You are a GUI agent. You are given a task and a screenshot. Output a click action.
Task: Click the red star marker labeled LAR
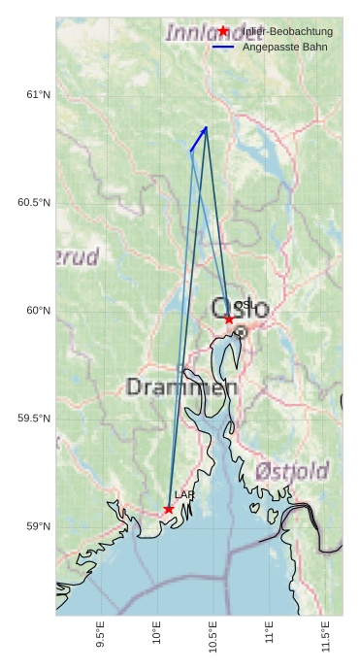tap(169, 509)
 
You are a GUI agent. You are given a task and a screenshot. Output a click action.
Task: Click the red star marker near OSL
tap(229, 319)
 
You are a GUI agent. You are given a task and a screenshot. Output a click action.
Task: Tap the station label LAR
tap(184, 495)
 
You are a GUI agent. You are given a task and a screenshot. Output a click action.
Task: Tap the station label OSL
tap(244, 305)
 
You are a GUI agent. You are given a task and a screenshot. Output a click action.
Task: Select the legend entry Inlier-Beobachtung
tap(287, 32)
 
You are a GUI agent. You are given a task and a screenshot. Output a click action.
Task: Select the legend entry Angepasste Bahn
tap(284, 47)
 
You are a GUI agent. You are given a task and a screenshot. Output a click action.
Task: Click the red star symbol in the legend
tap(223, 31)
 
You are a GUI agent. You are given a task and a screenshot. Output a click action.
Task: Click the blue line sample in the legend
tap(223, 47)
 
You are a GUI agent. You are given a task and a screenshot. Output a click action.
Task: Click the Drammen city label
tap(182, 387)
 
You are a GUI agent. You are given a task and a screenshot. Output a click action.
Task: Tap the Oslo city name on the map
tap(240, 310)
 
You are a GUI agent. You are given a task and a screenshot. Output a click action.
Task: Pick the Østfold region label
tap(292, 472)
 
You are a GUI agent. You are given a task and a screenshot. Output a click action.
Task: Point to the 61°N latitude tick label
tap(38, 95)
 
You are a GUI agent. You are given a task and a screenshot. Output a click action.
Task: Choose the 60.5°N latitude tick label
tap(34, 203)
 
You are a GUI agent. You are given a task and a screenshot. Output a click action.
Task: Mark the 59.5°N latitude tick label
tap(34, 419)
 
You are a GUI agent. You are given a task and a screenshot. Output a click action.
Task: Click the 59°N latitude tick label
tap(38, 527)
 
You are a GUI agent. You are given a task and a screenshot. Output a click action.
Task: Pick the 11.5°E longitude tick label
tap(325, 635)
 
